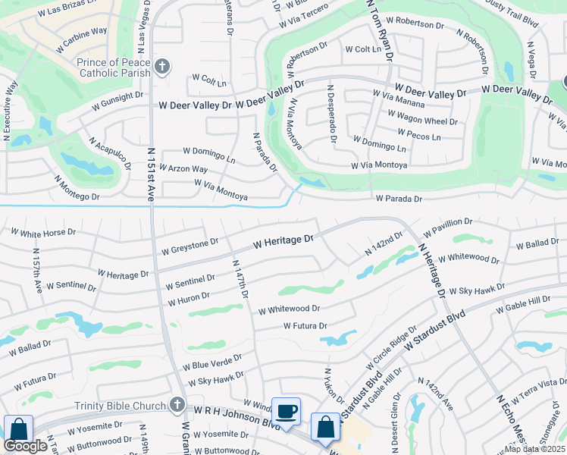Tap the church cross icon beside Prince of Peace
161,67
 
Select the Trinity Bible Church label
121,405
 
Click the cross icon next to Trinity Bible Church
177,405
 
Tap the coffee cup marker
286,412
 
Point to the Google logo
26,447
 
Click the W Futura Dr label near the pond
305,325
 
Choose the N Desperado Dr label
331,114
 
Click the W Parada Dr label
399,199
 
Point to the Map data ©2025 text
535,449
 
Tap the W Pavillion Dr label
448,226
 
